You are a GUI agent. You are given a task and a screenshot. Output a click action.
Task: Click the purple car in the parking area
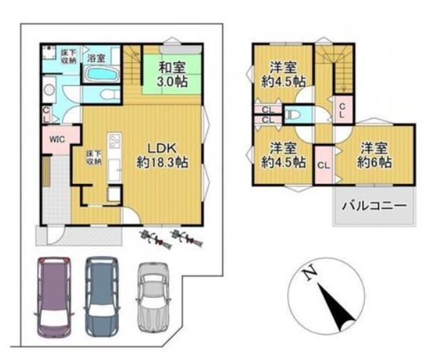[54, 297]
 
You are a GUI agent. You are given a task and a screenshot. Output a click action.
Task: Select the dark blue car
[102, 297]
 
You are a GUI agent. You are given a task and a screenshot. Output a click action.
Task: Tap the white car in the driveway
[154, 297]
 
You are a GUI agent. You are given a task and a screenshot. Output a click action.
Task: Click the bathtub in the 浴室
[100, 74]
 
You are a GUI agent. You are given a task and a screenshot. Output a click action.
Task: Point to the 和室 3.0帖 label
[172, 74]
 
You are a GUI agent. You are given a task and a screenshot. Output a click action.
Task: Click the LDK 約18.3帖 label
[162, 155]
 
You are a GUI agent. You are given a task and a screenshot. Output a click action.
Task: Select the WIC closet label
[57, 139]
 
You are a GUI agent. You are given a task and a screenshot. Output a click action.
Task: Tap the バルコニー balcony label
[375, 206]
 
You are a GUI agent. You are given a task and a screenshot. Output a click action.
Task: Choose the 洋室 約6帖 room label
[375, 155]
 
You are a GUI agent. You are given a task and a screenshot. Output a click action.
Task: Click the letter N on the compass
[310, 272]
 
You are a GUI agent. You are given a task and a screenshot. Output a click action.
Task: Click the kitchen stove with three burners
[115, 140]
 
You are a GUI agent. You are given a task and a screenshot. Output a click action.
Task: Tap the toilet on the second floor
[293, 115]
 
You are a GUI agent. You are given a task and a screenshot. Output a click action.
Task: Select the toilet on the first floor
[110, 95]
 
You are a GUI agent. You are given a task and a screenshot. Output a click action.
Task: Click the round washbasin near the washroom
[49, 90]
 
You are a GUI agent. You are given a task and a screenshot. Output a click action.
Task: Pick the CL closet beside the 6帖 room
[324, 165]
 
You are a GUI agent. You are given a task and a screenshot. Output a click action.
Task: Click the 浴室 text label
[96, 58]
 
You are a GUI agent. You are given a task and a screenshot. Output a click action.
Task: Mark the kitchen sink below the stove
[115, 170]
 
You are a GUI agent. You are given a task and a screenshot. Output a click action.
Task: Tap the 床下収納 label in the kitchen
[94, 158]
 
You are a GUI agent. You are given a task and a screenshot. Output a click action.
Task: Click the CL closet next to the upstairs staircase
[343, 110]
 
